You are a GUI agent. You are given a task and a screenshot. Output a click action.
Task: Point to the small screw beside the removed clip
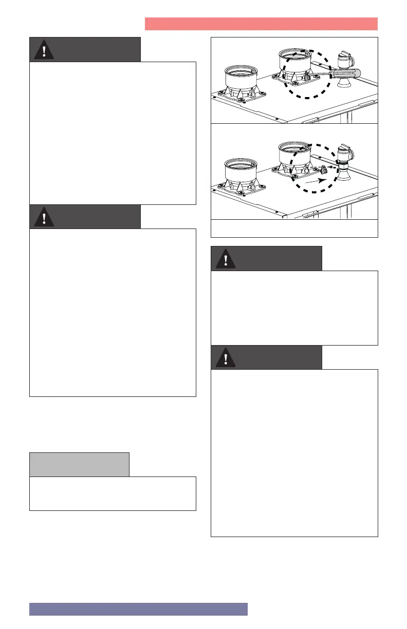pos(331,167)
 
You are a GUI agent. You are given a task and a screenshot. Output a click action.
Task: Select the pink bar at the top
pos(261,24)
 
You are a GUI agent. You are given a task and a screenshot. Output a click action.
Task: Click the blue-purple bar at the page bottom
pos(138,608)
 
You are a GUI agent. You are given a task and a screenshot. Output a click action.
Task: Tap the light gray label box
pos(79,464)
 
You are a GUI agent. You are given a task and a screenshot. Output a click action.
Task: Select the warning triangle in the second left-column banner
pos(45,217)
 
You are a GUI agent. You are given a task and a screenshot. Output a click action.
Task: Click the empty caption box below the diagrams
pos(294,228)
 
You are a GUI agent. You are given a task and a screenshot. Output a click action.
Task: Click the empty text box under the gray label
pos(113,493)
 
